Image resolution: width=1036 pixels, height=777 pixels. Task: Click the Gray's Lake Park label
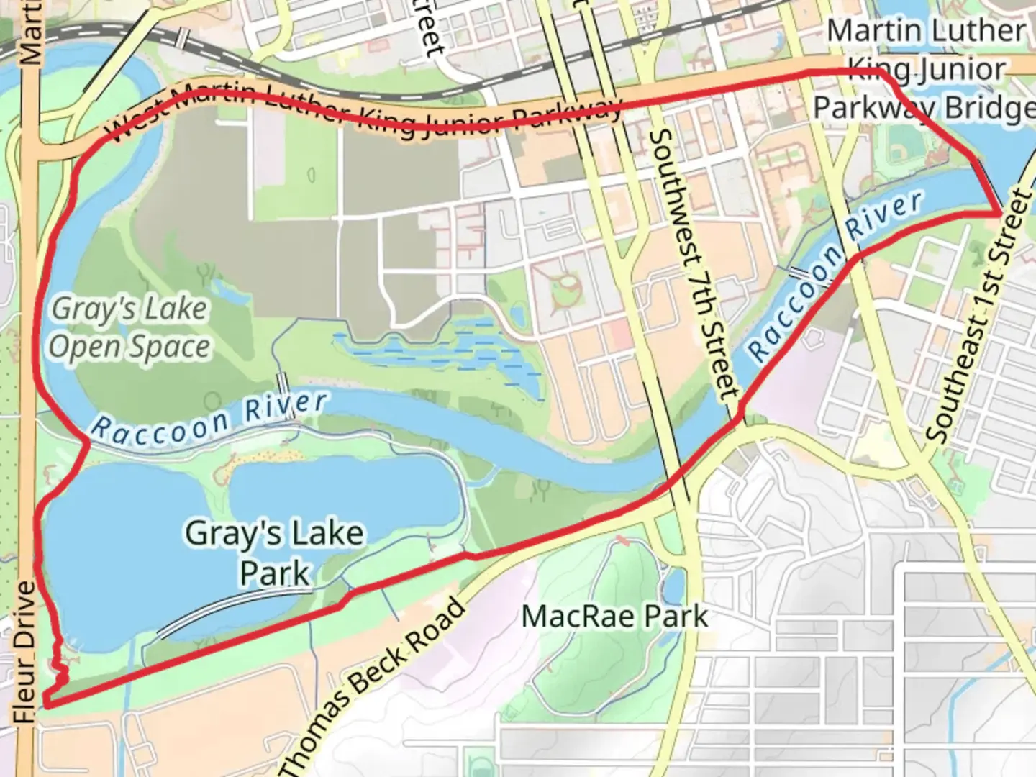pyautogui.click(x=274, y=553)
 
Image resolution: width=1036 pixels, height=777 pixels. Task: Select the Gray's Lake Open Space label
pyautogui.click(x=129, y=327)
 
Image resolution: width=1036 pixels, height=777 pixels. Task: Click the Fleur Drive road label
pyautogui.click(x=24, y=651)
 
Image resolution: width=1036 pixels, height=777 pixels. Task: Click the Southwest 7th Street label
pyautogui.click(x=694, y=263)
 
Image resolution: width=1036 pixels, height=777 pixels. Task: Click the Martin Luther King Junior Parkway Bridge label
pyautogui.click(x=924, y=70)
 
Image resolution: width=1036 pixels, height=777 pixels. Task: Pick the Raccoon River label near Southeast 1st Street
pyautogui.click(x=835, y=277)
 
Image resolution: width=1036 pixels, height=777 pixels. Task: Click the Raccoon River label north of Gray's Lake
pyautogui.click(x=209, y=417)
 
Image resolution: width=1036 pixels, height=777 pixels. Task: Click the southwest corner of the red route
pyautogui.click(x=46, y=704)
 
